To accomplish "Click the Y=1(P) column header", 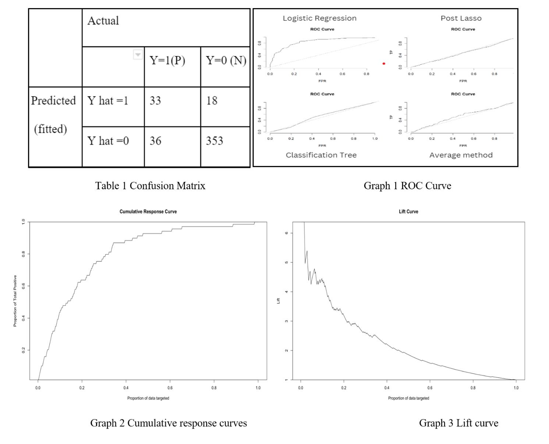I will [167, 60].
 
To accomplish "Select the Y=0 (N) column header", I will [226, 60].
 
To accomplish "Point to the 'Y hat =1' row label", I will [108, 101].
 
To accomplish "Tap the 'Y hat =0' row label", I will [108, 141].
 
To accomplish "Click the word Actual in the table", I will [103, 21].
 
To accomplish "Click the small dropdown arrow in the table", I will [138, 55].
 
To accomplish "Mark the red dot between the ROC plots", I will [384, 64].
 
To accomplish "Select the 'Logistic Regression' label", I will [319, 18].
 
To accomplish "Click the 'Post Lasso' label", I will [461, 18].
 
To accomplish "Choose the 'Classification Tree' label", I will [321, 155].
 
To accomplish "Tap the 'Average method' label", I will [461, 155].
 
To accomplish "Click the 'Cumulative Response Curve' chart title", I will [148, 212].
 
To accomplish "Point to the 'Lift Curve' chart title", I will [408, 212].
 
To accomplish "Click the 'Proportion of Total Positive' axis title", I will [15, 301].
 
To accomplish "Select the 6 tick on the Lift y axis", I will [287, 233].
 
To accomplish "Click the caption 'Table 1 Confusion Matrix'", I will [150, 186].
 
